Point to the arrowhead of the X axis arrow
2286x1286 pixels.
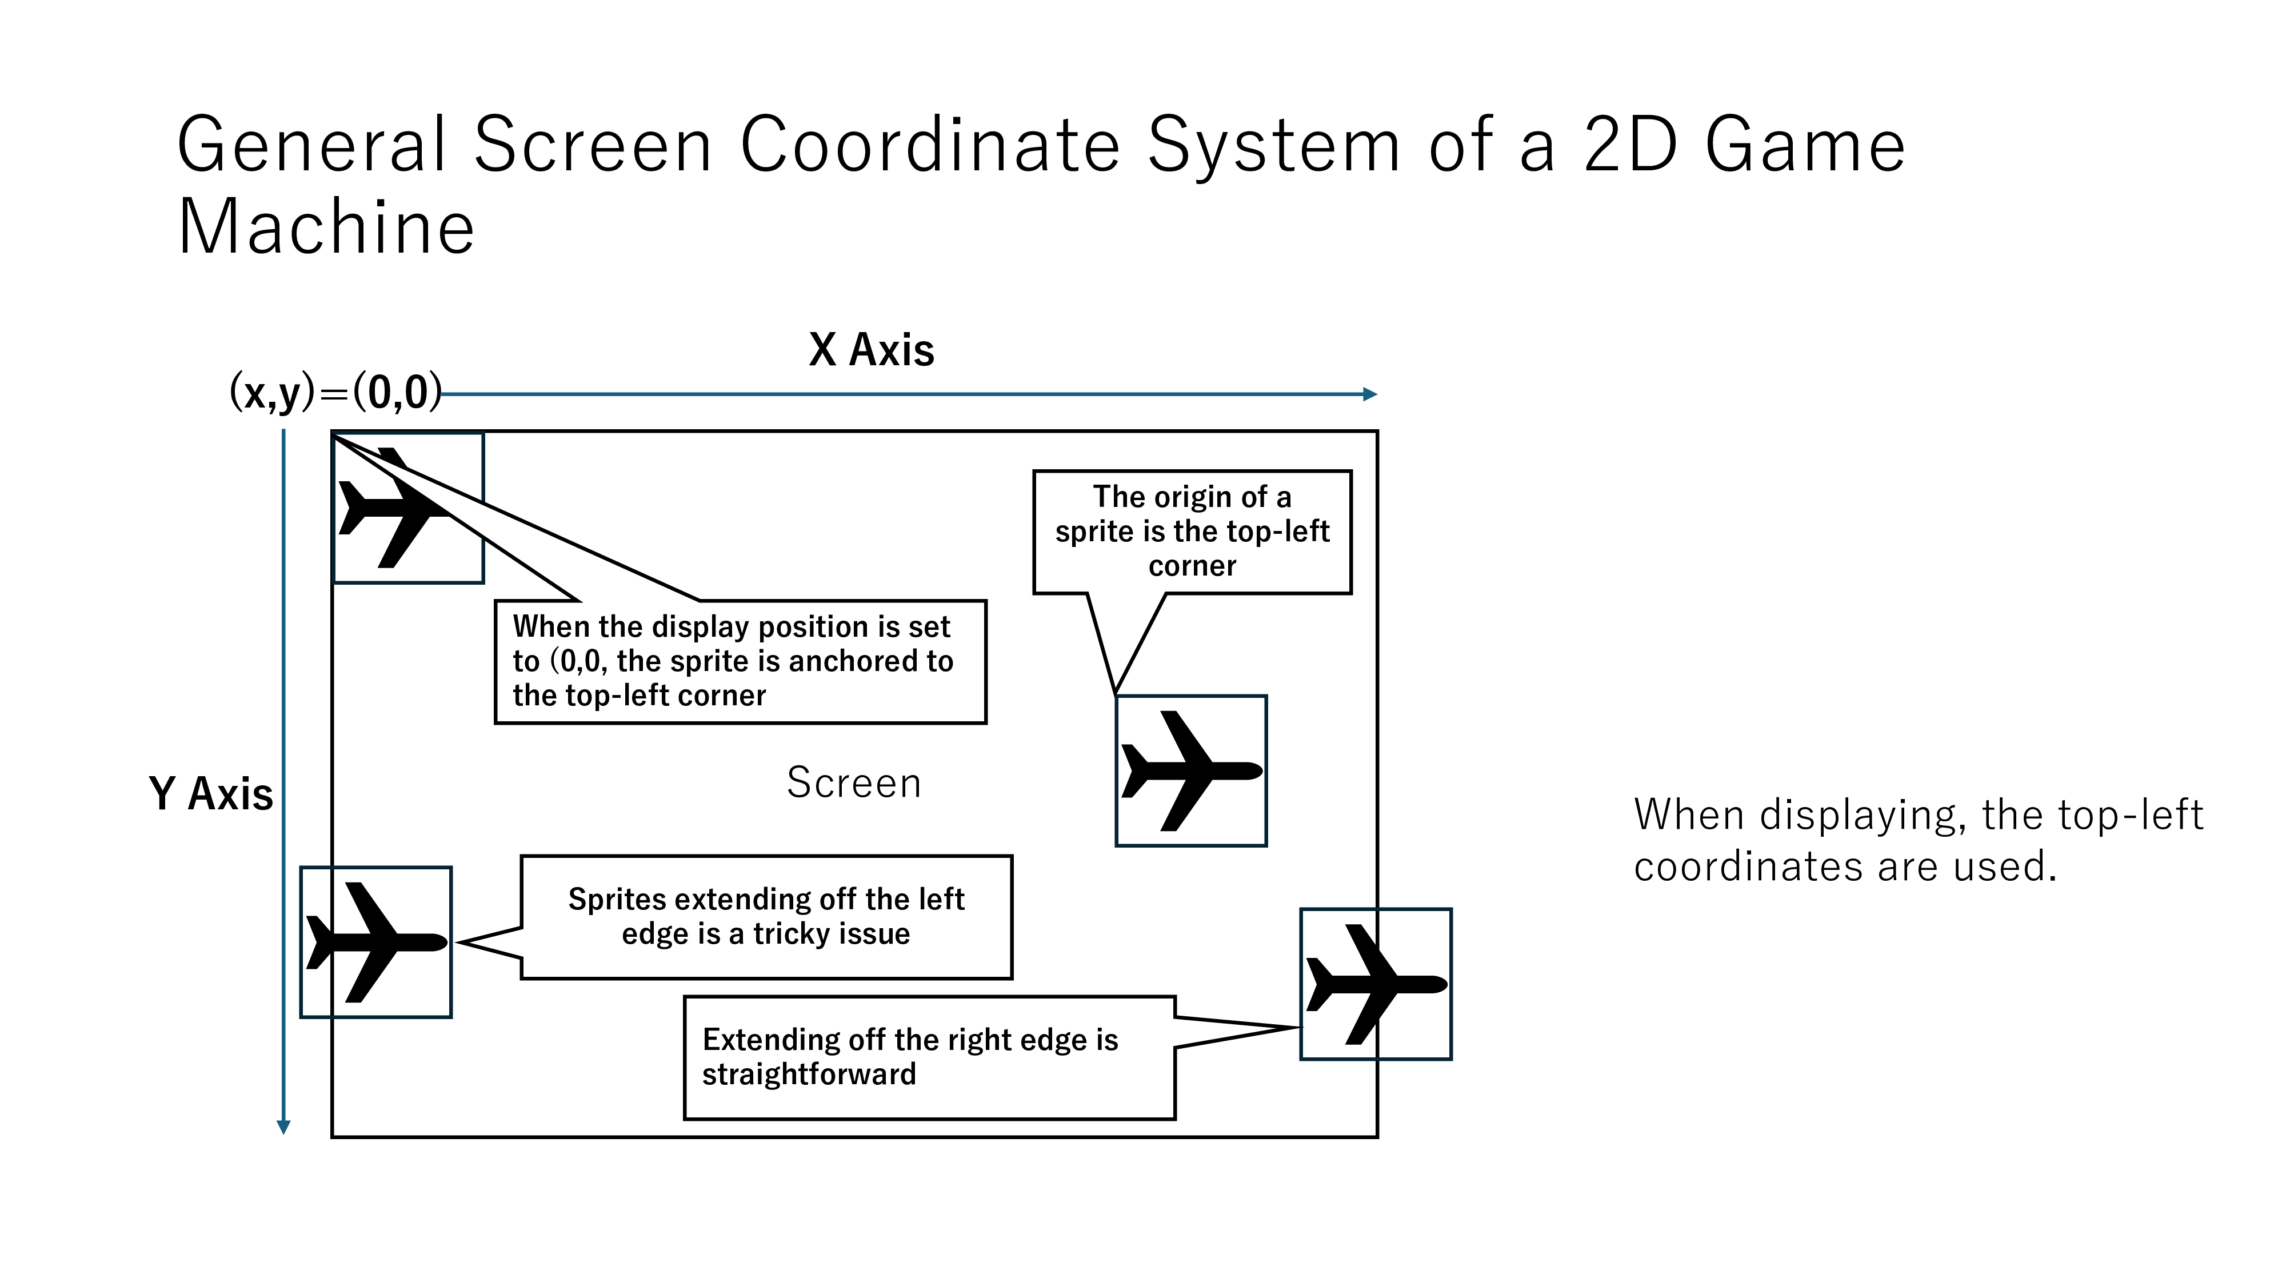coord(1370,394)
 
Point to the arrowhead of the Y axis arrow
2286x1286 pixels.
coord(284,1127)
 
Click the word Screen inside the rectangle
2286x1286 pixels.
coord(854,783)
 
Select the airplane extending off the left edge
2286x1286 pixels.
coord(376,942)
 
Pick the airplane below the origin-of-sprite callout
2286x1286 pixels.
coord(1191,770)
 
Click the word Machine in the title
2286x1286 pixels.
coord(326,227)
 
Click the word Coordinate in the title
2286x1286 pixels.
coord(930,145)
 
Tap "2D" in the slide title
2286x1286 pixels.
coord(1631,145)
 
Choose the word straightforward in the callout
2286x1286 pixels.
coord(809,1075)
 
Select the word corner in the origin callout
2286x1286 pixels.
coord(1192,566)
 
